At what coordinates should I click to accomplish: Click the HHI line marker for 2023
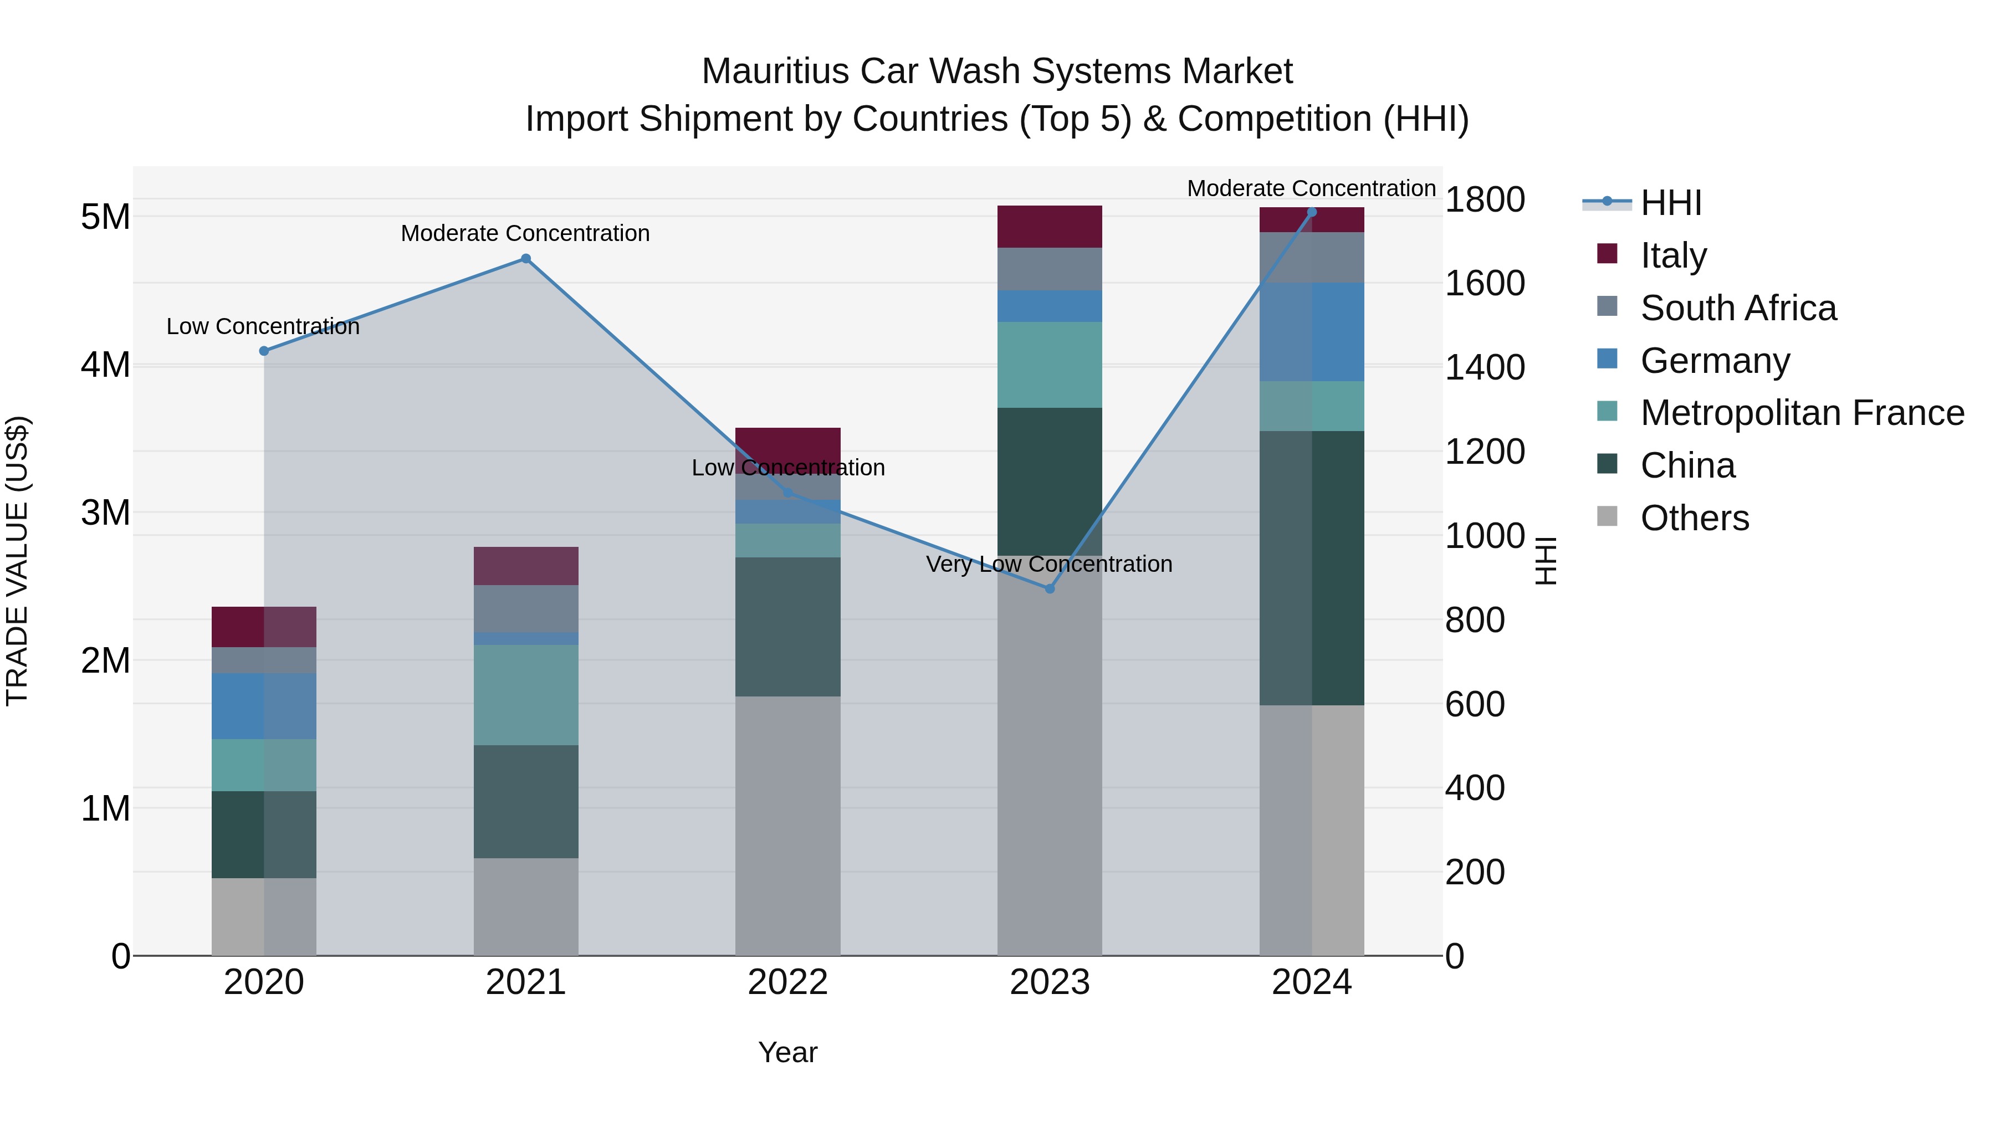(x=1050, y=588)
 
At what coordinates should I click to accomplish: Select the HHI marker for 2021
(x=525, y=259)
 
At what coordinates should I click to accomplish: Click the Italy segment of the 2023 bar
(x=1050, y=226)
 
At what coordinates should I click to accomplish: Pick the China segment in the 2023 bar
(x=1050, y=480)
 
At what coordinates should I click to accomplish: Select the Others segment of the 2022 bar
(x=787, y=824)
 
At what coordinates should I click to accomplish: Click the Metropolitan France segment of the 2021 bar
(x=525, y=695)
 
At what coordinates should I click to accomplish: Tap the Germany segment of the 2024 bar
(x=1311, y=331)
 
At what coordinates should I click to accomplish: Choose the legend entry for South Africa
(x=1738, y=308)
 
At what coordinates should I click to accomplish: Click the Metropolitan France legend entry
(x=1802, y=413)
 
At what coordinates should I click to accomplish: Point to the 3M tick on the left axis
(x=105, y=513)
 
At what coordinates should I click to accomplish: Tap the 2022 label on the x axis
(x=787, y=982)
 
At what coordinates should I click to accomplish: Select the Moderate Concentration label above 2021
(x=525, y=233)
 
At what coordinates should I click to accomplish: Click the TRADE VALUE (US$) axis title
(x=17, y=561)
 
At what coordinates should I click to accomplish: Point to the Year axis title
(x=787, y=1052)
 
